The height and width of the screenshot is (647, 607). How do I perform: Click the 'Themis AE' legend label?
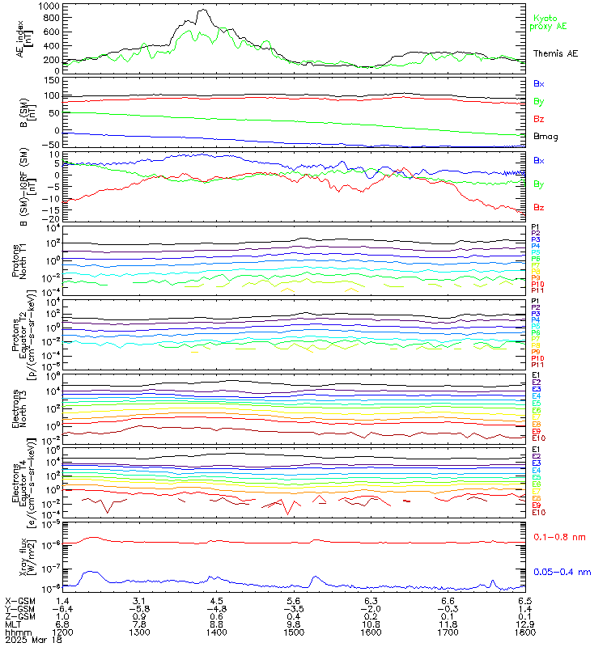tap(555, 53)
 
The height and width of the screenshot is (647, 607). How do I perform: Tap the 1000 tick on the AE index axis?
tap(48, 6)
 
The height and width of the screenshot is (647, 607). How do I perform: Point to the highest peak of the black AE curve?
tap(203, 11)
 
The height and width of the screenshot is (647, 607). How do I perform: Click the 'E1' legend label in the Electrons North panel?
tap(536, 375)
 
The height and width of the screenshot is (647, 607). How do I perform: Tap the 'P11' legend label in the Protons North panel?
tap(537, 290)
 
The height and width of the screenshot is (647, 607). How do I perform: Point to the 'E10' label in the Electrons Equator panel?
tap(538, 513)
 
